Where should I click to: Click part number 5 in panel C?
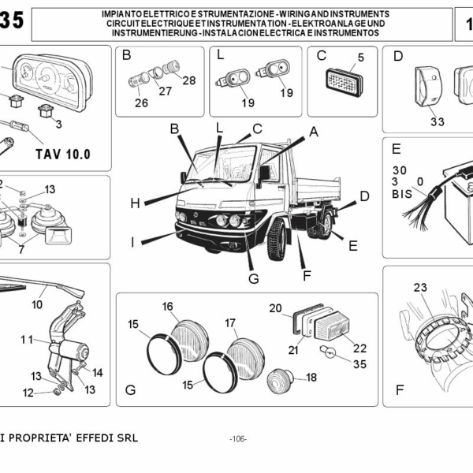[x=360, y=57]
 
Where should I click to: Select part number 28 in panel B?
[x=188, y=80]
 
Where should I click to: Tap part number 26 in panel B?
[x=141, y=102]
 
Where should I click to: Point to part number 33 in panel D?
[x=438, y=121]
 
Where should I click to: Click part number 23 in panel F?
[x=419, y=287]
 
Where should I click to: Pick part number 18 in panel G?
[x=311, y=378]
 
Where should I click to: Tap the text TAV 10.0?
[x=63, y=154]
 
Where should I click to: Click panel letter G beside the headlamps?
[x=131, y=389]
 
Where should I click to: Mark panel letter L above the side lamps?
[x=221, y=56]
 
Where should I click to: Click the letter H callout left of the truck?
[x=135, y=203]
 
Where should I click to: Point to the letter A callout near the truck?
[x=313, y=132]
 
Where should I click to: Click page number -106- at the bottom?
[x=236, y=438]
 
